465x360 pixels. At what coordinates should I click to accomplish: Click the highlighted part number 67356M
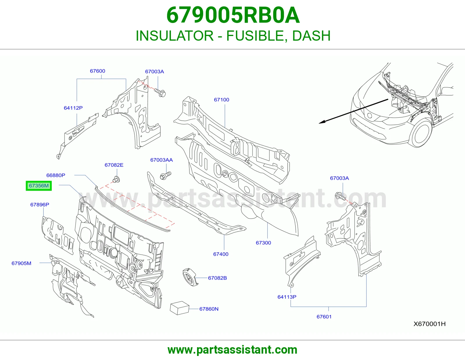coord(39,186)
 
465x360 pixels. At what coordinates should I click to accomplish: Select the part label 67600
coord(97,71)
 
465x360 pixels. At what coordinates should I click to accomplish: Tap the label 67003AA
coord(161,160)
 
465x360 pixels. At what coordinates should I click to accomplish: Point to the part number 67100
coord(221,100)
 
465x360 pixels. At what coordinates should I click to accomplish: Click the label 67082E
coord(114,165)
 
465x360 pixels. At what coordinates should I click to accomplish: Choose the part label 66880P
coord(56,175)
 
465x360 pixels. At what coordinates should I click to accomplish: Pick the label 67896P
coord(40,205)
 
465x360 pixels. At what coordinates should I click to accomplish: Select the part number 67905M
coord(22,263)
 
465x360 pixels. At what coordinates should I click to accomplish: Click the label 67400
coord(221,254)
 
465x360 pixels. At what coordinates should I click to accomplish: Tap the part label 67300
coord(263,243)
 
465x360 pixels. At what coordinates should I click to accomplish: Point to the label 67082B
coord(217,278)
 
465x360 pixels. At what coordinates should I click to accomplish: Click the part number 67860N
coord(209,309)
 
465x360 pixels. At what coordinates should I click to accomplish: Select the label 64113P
coord(287,297)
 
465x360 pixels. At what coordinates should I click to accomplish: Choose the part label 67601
coord(324,317)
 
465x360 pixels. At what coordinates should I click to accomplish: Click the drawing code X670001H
coord(430,324)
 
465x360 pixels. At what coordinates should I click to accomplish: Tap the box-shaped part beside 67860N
coord(180,308)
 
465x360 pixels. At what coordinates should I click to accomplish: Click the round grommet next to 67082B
coord(190,277)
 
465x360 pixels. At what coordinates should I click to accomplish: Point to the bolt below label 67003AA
coord(165,176)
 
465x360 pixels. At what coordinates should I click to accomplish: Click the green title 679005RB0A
coord(233,15)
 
